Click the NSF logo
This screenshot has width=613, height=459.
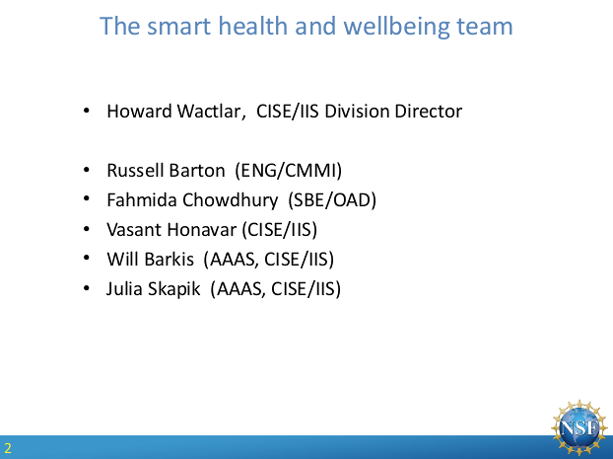coord(579,427)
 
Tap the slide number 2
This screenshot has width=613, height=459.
coord(8,447)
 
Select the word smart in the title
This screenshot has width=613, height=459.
coord(178,27)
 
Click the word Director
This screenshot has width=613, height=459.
coord(428,111)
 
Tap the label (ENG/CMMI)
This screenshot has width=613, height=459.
coord(289,171)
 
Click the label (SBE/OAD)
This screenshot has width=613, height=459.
coord(332,200)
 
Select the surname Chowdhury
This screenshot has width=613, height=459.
coord(231,200)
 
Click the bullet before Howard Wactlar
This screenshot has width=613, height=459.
coord(87,111)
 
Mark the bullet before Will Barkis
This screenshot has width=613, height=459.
coord(87,258)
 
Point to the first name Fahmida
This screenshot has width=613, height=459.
coord(142,200)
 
